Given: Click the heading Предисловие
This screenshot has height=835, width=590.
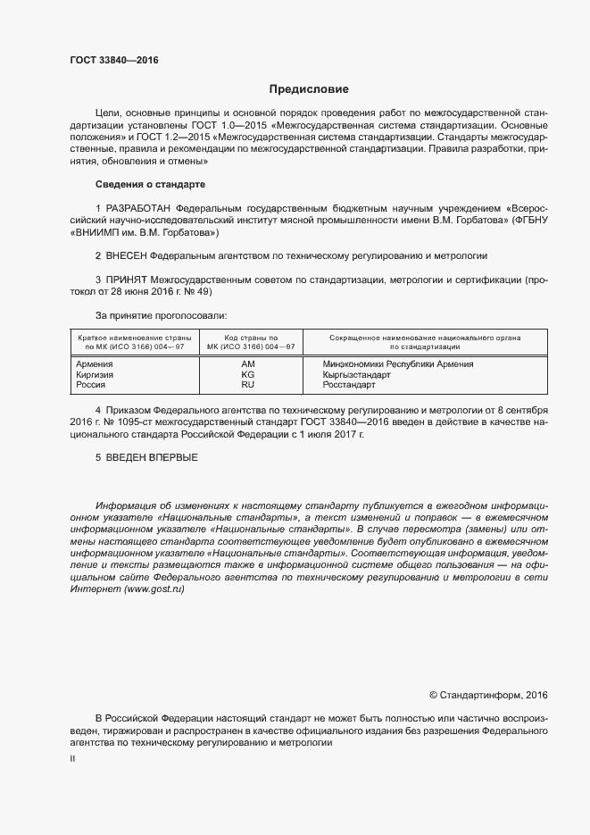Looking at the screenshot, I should (310, 89).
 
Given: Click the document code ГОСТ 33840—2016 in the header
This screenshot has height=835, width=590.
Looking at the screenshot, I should (113, 60).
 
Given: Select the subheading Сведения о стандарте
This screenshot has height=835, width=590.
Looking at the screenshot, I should (150, 184).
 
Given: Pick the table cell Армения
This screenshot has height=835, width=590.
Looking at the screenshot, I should (95, 363).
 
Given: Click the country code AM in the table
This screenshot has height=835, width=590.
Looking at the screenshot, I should (248, 363).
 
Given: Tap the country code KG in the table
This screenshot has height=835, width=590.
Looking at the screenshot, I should (248, 374).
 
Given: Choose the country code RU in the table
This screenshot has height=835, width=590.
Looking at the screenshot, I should (248, 385).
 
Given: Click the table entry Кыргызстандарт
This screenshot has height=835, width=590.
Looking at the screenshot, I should (357, 374).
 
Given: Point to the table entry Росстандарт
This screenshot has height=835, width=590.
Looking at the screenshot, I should (349, 385).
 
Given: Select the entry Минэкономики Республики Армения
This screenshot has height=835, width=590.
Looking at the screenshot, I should (398, 363).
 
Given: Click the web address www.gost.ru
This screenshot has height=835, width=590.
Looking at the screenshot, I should (154, 590).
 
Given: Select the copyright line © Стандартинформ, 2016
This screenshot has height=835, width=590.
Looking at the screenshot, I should (488, 694).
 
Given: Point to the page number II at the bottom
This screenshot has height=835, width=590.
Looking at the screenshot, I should (73, 758).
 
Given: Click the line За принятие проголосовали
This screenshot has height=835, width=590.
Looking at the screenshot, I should (161, 315).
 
